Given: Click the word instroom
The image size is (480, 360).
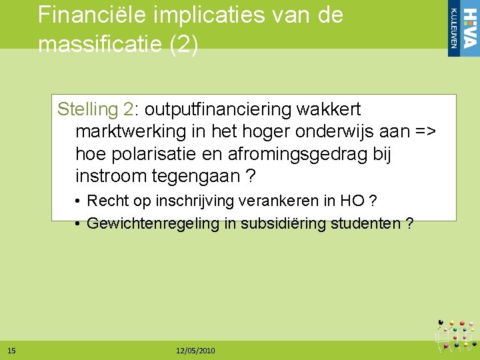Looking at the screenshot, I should click(111, 177).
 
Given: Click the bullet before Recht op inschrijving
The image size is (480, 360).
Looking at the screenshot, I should click(78, 201).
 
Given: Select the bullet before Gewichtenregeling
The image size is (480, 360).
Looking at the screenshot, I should click(78, 223).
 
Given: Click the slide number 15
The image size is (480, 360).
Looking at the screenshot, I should click(12, 351).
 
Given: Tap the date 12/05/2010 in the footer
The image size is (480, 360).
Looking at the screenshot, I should click(195, 351).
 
